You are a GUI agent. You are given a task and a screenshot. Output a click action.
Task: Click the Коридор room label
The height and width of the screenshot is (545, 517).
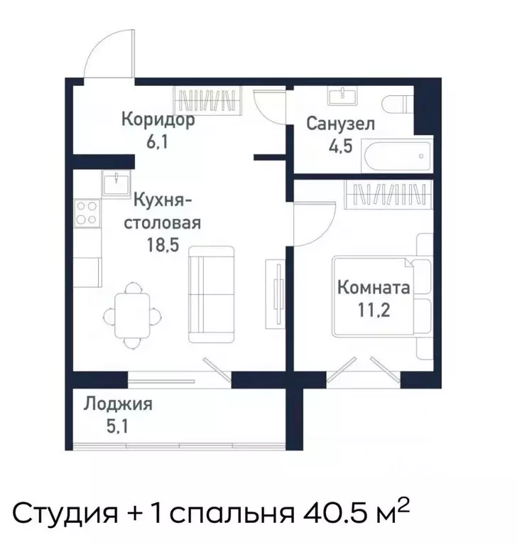[157, 119]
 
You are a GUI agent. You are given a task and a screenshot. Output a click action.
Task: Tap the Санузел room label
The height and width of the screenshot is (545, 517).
[341, 124]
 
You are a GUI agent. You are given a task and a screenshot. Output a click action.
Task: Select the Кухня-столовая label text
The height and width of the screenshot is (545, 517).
[163, 211]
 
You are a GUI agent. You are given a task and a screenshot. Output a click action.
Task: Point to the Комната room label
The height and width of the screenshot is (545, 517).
[373, 288]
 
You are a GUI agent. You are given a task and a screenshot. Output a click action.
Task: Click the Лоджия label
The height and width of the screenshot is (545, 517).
[118, 405]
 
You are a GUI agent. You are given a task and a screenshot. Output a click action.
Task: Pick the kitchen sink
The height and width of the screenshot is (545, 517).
[114, 183]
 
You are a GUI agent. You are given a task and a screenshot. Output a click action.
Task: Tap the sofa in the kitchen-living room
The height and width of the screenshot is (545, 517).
[211, 294]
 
